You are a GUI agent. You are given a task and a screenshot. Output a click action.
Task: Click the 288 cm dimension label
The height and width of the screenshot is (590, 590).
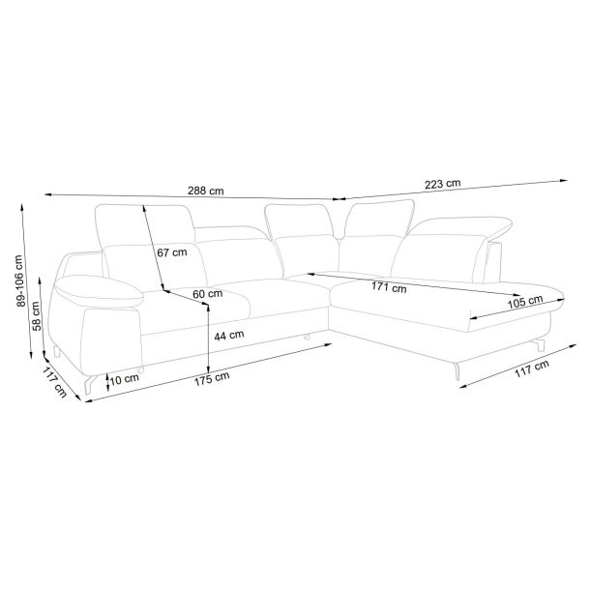pos(205,191)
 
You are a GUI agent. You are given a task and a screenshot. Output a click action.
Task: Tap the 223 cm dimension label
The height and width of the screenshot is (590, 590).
pos(443,184)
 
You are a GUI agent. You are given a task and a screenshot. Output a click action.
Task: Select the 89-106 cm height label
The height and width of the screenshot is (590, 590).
pos(20,280)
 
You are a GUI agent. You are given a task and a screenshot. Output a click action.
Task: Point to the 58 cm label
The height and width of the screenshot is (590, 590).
pos(37,316)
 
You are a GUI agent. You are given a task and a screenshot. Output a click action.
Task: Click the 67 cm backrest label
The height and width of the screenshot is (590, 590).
pos(172,252)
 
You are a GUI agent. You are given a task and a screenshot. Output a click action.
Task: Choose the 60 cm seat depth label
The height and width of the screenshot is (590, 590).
pos(208,293)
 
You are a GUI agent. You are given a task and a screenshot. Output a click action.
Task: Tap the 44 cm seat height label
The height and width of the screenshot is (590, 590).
pos(229,335)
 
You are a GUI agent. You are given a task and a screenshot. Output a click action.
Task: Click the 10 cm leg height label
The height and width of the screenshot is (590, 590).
pos(125,379)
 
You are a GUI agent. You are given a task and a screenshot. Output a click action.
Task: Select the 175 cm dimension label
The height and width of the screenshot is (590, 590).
pos(212,379)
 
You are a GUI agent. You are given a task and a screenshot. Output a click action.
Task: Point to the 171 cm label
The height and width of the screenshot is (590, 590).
pos(389,287)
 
